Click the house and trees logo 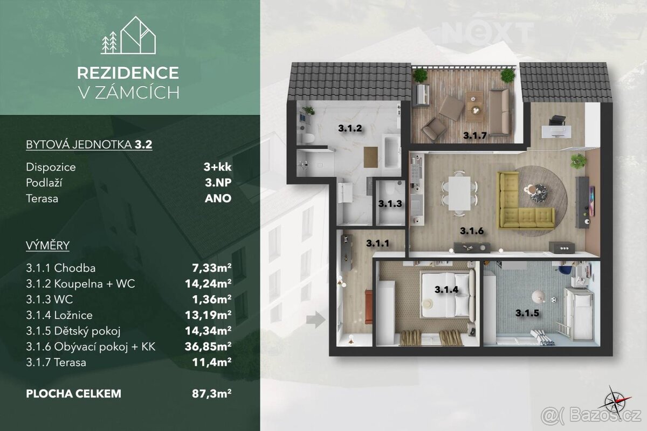click(x=128, y=35)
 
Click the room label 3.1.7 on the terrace click(x=475, y=135)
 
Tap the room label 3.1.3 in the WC click(x=390, y=204)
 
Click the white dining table click(x=459, y=193)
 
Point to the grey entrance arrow click(x=316, y=319)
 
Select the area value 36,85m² click(x=208, y=346)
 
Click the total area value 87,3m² click(x=211, y=393)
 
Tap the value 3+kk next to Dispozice click(x=217, y=167)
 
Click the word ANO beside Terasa click(x=218, y=198)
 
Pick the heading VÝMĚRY click(x=47, y=245)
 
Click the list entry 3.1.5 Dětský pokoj click(x=73, y=331)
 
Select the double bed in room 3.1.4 click(x=448, y=295)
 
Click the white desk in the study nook click(x=556, y=131)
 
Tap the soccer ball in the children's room click(x=553, y=300)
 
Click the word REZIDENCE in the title click(x=128, y=73)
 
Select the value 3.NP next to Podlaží click(x=218, y=183)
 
